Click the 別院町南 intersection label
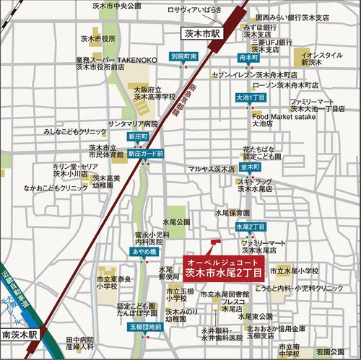click(184, 56)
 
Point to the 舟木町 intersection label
click(250, 56)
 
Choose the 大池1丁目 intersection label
click(250, 97)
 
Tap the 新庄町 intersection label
click(136, 136)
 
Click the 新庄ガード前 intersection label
click(145, 154)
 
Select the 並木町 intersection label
click(251, 167)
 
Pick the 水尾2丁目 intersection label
click(249, 227)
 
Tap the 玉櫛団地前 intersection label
click(145, 327)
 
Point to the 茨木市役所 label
click(99, 39)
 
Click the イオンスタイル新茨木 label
click(322, 59)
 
